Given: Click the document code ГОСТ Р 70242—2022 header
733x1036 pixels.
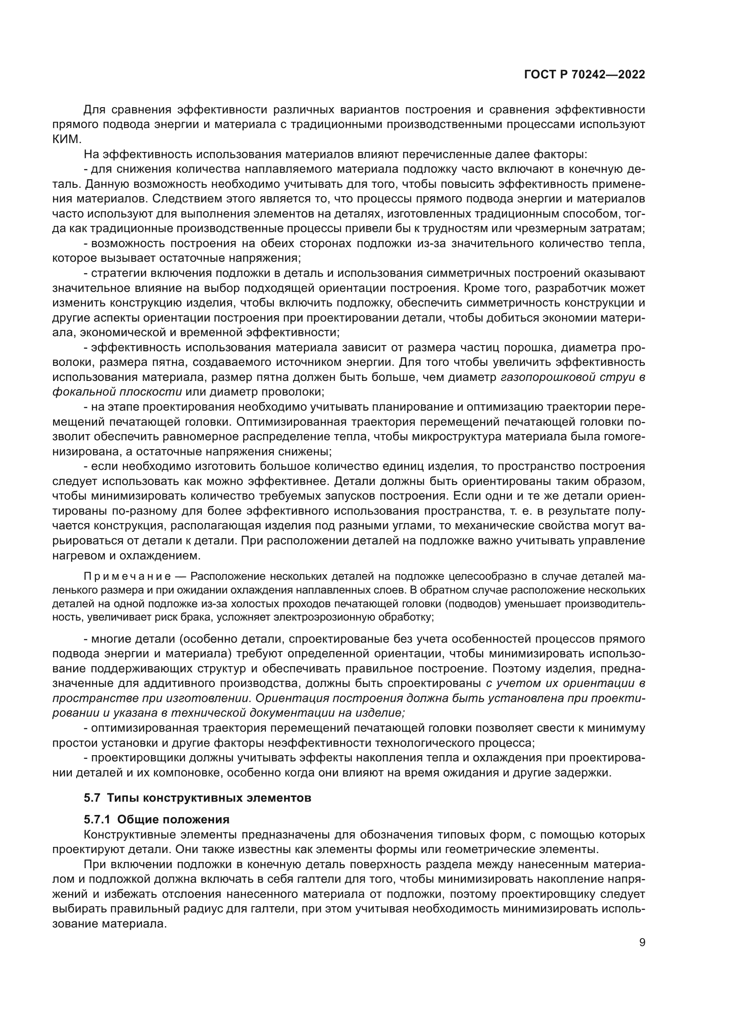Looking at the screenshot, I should [584, 75].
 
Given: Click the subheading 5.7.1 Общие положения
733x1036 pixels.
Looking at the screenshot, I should [156, 819].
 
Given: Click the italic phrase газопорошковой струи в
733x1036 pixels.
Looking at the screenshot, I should [573, 377].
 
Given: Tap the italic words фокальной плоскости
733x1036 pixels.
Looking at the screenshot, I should [117, 392].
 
